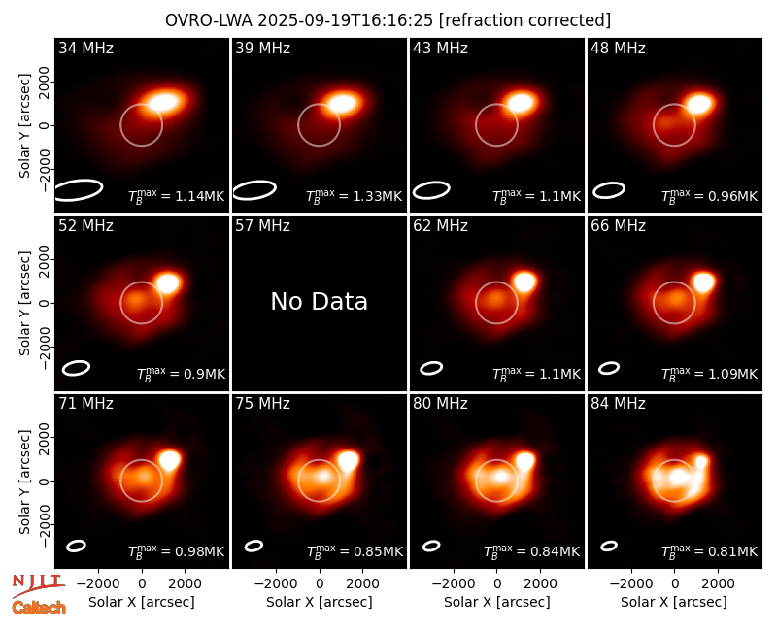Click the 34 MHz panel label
click(85, 48)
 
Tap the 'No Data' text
click(320, 301)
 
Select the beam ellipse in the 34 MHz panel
click(79, 190)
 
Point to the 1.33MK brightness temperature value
click(377, 197)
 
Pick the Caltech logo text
click(39, 608)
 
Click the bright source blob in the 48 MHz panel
click(699, 104)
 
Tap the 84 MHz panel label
click(618, 404)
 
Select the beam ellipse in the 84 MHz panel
click(609, 546)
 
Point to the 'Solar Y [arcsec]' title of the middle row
click(24, 303)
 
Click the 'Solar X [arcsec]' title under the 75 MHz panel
click(320, 602)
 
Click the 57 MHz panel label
click(262, 226)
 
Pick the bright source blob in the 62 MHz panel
click(524, 282)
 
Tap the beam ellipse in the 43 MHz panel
click(431, 190)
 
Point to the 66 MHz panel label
click(618, 226)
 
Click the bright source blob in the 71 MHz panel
click(169, 460)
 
